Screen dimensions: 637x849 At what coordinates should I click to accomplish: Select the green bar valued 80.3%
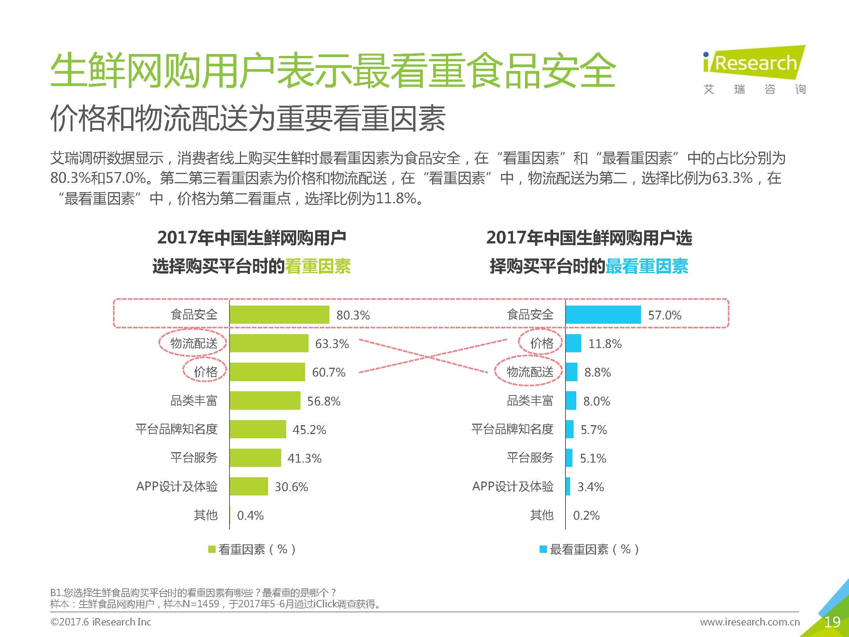click(x=279, y=314)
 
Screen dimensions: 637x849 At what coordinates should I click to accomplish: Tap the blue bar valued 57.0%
click(x=603, y=314)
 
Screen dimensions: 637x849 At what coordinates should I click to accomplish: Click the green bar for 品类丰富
click(x=265, y=400)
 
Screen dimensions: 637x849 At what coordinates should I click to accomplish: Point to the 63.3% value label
click(x=332, y=343)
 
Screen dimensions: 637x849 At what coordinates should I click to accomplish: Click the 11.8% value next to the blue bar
click(x=604, y=343)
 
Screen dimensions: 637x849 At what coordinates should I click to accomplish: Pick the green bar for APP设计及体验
click(x=248, y=486)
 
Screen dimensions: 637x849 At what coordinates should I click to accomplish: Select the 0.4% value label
click(x=250, y=515)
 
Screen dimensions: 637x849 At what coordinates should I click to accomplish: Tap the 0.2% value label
click(x=586, y=515)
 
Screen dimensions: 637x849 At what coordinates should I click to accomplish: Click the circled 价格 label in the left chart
click(x=205, y=372)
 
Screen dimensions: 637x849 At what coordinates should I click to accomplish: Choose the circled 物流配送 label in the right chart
click(x=530, y=372)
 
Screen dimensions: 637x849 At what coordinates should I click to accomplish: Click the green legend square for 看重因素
click(x=212, y=549)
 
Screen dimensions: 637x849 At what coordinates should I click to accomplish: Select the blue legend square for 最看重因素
click(x=543, y=549)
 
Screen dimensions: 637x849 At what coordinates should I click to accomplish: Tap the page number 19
click(x=832, y=622)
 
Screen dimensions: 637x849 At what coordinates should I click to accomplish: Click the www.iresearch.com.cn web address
click(x=749, y=622)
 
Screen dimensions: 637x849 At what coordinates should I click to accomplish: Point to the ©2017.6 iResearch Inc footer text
click(x=101, y=622)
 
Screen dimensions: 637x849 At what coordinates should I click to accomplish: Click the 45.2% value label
click(x=309, y=429)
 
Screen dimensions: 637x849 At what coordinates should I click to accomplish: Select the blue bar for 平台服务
click(x=569, y=458)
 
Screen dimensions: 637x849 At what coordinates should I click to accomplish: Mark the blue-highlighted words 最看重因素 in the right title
click(x=647, y=266)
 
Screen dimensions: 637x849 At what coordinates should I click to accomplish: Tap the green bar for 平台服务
click(x=255, y=458)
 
